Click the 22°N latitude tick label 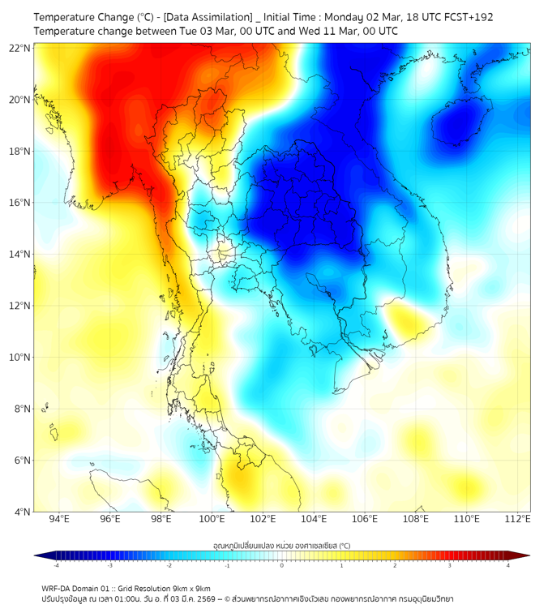pyautogui.click(x=20, y=48)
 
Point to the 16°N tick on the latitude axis pyautogui.click(x=20, y=203)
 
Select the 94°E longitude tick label pyautogui.click(x=59, y=519)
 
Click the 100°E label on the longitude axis pyautogui.click(x=212, y=519)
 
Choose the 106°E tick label pyautogui.click(x=365, y=519)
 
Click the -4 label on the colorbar pyautogui.click(x=55, y=565)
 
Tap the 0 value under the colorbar pyautogui.click(x=282, y=565)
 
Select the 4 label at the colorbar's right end pyautogui.click(x=508, y=565)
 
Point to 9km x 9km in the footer pyautogui.click(x=193, y=589)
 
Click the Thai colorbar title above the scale pyautogui.click(x=282, y=546)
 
